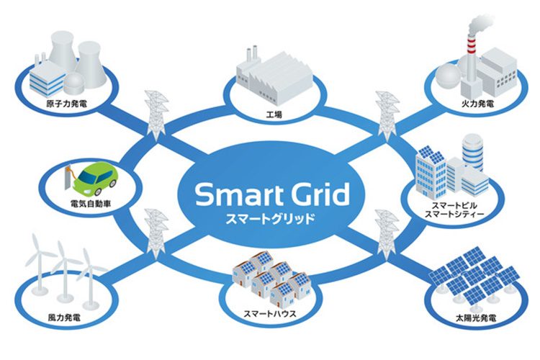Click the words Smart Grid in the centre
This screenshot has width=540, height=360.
272,194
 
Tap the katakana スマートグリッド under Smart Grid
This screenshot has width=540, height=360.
270,219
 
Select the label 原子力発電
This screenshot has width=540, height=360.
67,104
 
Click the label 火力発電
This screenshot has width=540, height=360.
477,104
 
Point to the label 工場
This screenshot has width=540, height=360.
274,114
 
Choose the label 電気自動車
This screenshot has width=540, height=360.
91,204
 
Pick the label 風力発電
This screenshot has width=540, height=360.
64,318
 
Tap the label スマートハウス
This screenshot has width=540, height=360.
270,314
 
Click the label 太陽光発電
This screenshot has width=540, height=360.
476,318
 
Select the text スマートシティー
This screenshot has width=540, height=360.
454,214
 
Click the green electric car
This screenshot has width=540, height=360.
96,177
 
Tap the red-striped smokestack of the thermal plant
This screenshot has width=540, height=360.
471,58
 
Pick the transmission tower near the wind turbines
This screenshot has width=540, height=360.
157,233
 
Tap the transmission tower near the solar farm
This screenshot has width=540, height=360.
387,234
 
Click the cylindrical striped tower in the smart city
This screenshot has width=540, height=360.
473,153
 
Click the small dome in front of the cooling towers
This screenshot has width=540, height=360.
74,83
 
